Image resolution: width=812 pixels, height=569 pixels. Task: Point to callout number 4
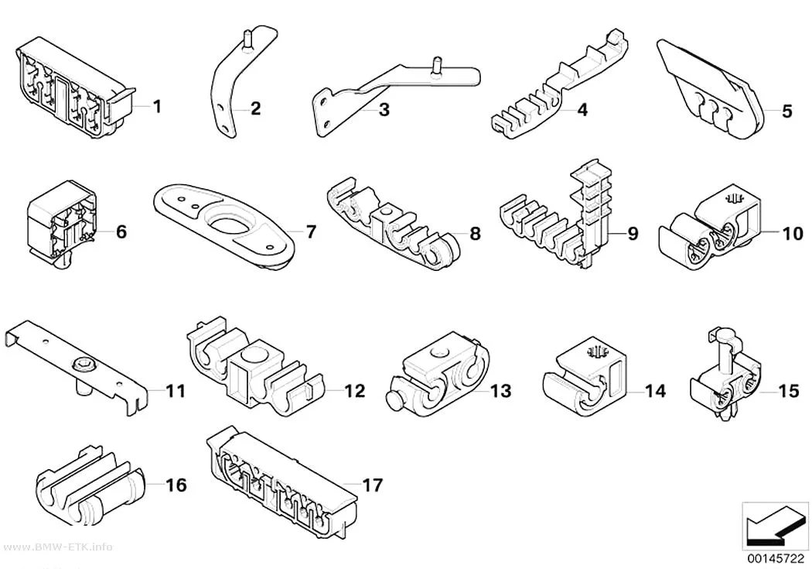[x=582, y=110]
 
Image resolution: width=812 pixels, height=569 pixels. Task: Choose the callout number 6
[x=121, y=231]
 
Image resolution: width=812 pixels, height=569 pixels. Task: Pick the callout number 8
[x=475, y=234]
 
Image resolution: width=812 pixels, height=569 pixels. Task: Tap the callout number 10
[x=793, y=234]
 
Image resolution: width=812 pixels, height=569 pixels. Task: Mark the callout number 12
[x=355, y=391]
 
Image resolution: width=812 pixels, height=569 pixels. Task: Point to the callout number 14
[x=655, y=391]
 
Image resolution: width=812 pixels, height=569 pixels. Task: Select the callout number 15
[x=789, y=391]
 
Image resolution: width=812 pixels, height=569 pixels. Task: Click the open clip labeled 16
[x=90, y=485]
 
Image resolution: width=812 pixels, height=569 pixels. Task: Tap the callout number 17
[x=372, y=485]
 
